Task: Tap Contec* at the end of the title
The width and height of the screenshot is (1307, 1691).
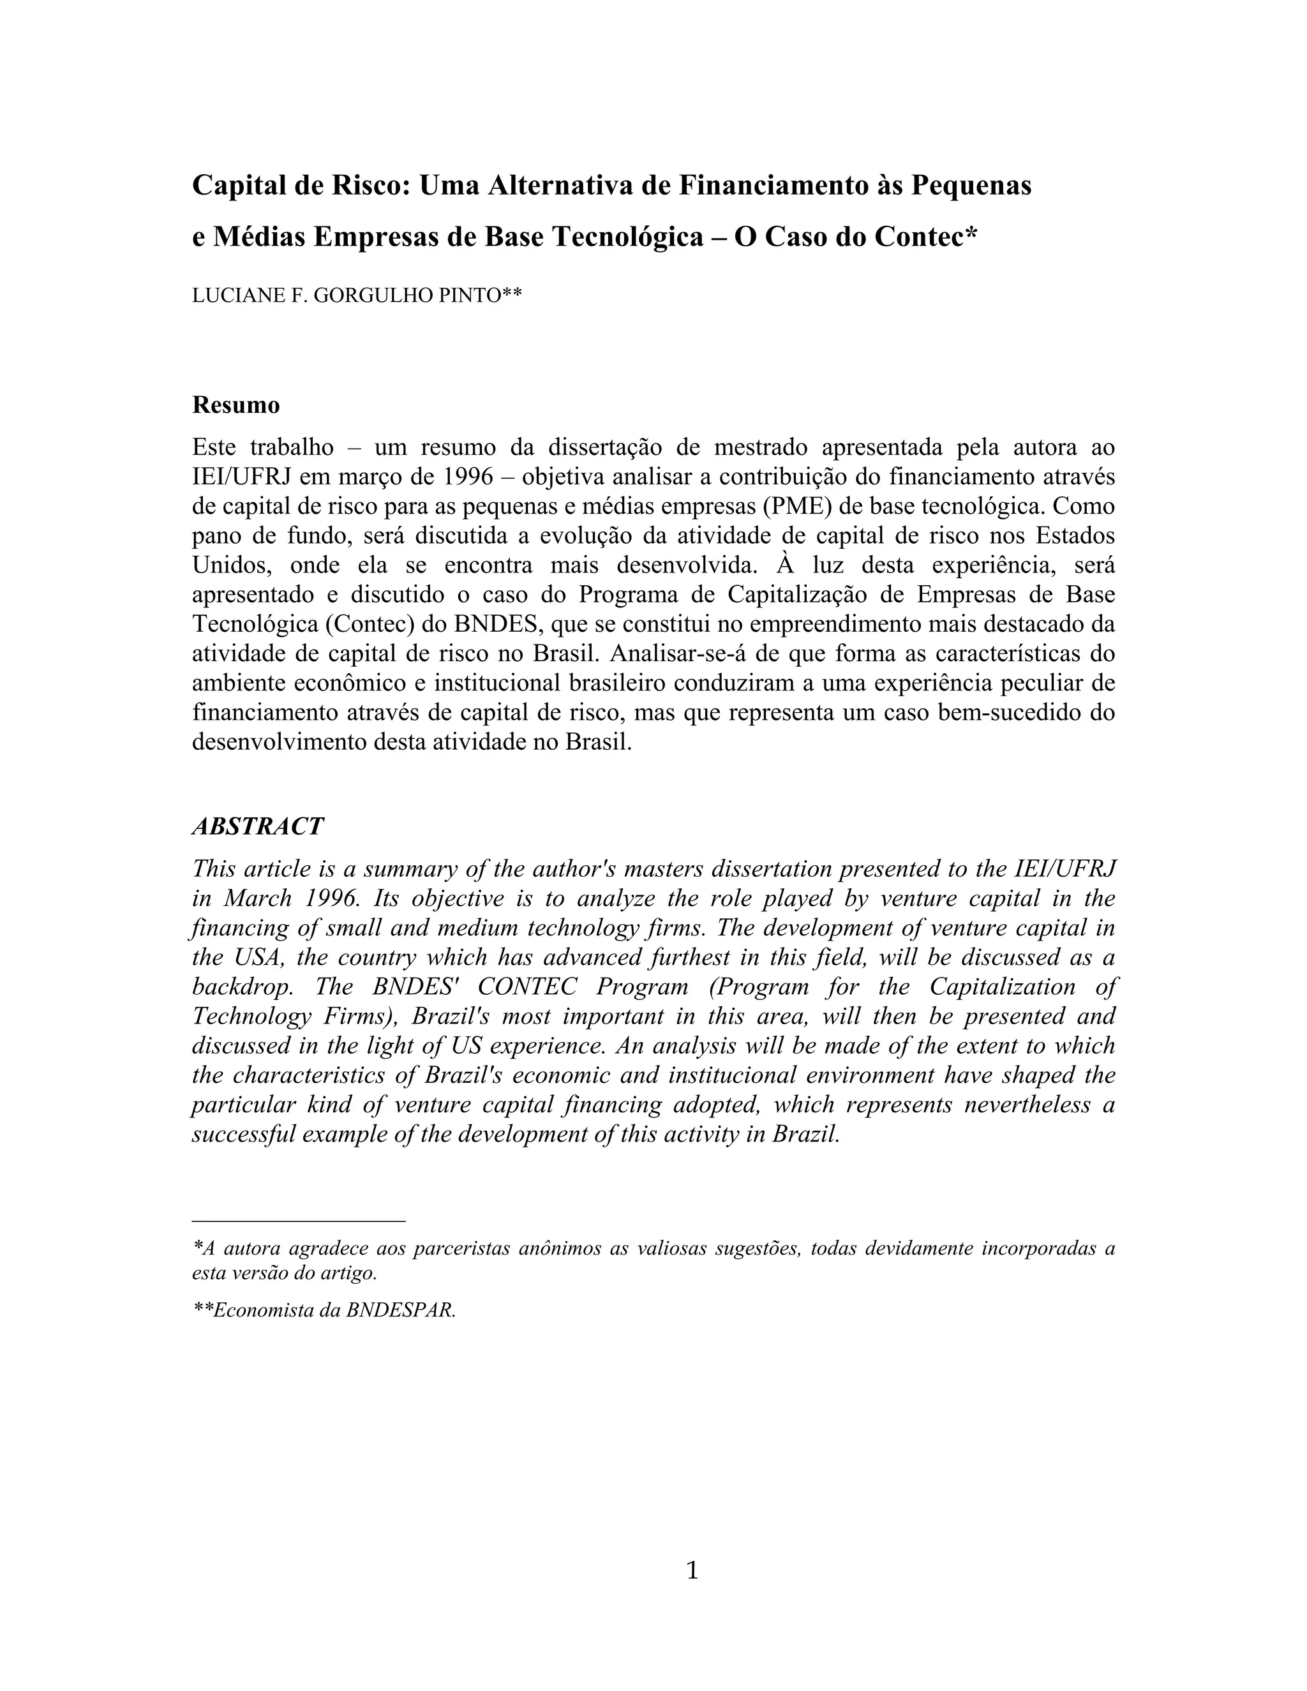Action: pyautogui.click(x=926, y=236)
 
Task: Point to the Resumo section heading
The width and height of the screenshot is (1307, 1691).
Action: pyautogui.click(x=235, y=405)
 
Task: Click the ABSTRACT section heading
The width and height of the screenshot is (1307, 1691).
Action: pyautogui.click(x=257, y=826)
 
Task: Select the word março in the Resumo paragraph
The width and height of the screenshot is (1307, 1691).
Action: pyautogui.click(x=367, y=477)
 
